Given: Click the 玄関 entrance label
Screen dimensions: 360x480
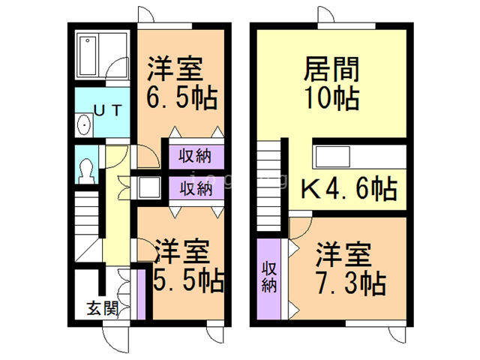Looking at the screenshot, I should pos(101,307).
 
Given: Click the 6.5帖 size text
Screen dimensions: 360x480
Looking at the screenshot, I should pos(178,97).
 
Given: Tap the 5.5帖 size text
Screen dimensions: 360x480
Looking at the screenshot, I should pos(187,280).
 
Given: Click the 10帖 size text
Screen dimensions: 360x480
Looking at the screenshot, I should pos(331,97).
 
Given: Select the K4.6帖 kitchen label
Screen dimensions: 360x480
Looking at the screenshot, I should pos(349,189).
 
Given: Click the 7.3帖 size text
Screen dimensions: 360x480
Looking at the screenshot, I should pos(351,283).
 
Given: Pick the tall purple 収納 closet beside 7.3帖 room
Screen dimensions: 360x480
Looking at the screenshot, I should pos(268,277).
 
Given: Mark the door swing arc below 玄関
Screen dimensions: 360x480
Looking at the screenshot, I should pos(115,338).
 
